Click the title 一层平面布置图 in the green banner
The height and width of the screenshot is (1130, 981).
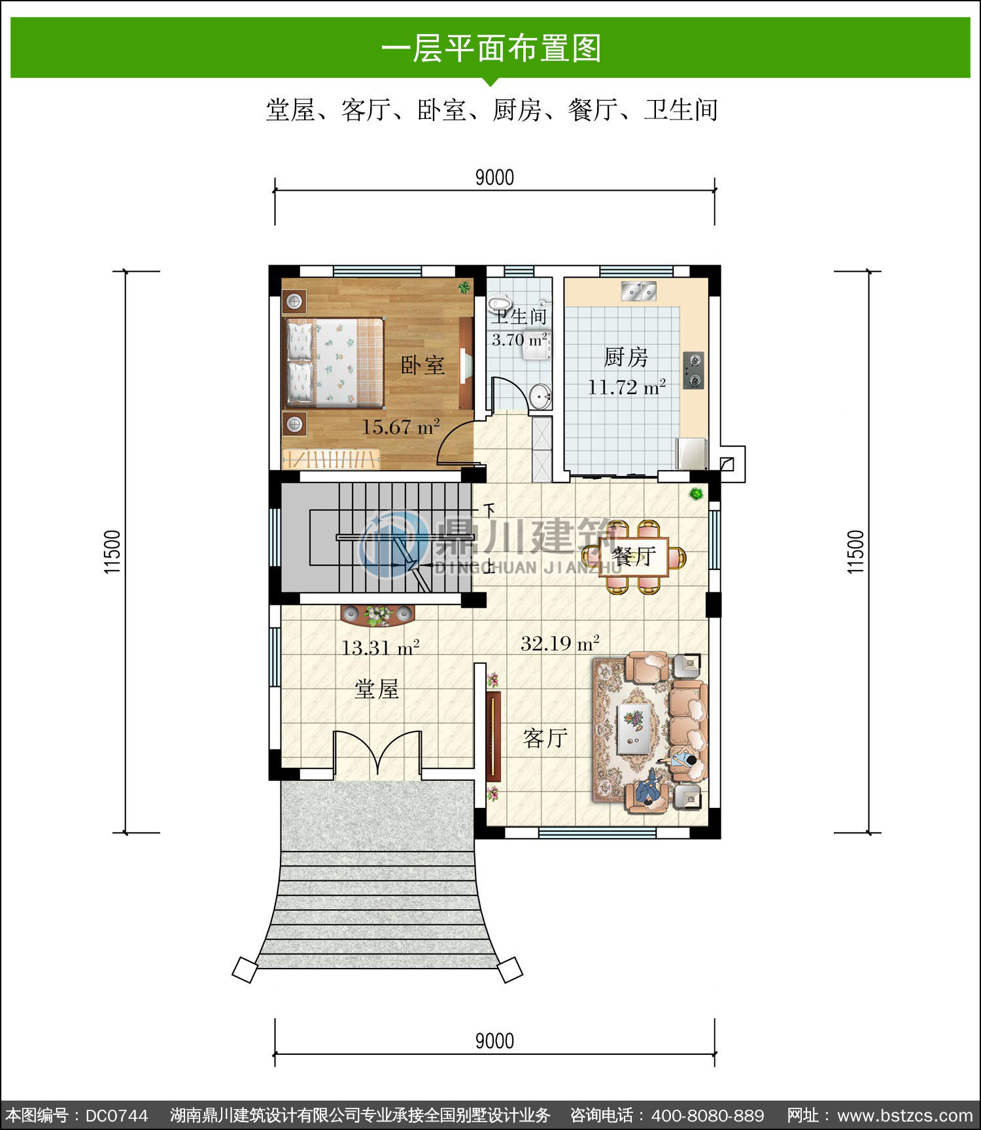490,48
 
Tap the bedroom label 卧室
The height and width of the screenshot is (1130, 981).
422,365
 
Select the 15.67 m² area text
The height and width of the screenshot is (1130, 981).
400,427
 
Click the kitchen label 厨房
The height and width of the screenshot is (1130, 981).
626,357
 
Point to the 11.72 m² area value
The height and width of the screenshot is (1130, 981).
627,387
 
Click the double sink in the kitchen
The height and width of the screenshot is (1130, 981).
638,291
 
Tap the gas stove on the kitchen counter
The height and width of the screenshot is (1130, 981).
693,370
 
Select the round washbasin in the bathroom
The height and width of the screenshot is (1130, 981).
540,396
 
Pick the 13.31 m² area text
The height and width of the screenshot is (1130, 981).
380,648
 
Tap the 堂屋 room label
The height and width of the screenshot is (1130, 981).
376,689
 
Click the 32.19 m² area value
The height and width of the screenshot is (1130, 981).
560,643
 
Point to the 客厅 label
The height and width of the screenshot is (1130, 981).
545,738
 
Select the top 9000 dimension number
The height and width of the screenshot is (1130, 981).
494,177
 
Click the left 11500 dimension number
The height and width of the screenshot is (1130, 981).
113,552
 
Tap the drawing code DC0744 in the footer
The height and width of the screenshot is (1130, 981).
116,1115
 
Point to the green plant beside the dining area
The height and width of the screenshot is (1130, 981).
696,493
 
